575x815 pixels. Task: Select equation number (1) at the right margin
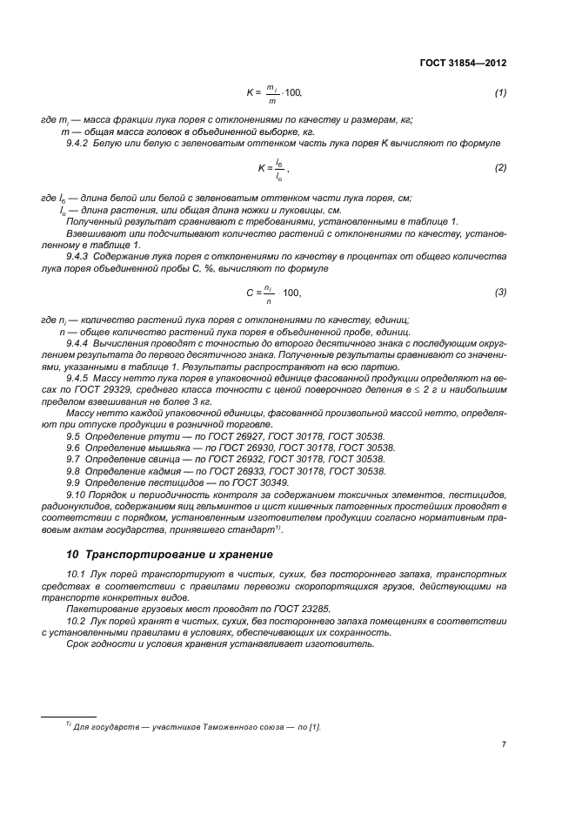click(x=500, y=92)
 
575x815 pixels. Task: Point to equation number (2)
click(x=500, y=166)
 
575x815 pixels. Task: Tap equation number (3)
click(x=500, y=292)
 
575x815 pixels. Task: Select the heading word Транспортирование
click(x=146, y=554)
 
